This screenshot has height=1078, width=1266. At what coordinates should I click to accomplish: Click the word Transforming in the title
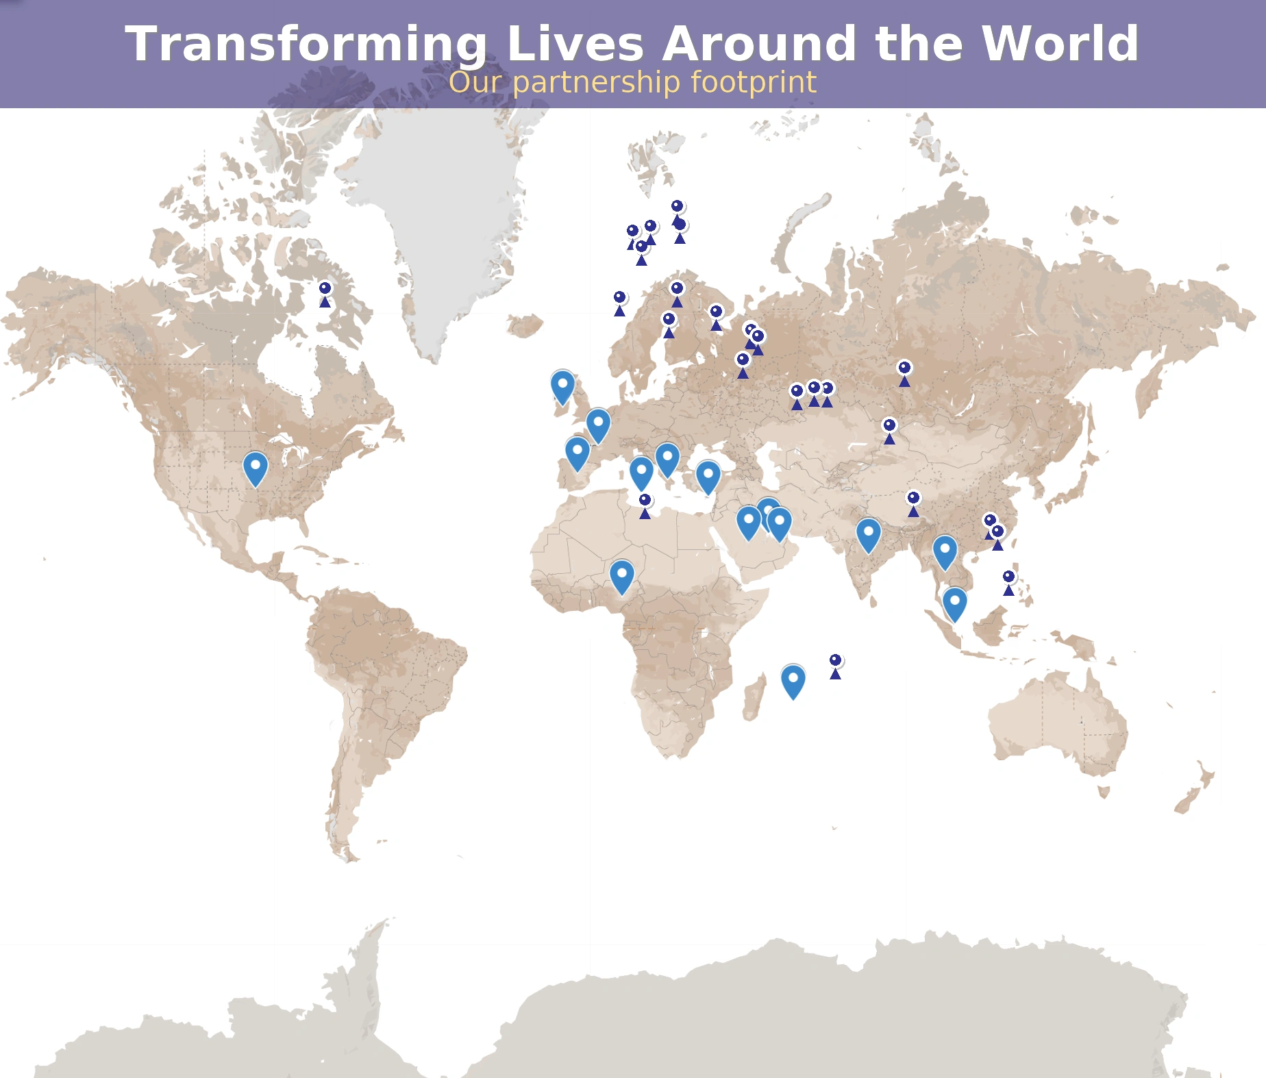[x=306, y=44]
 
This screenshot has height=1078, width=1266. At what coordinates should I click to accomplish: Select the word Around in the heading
[x=759, y=44]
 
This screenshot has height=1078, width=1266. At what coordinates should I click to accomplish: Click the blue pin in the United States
[x=256, y=468]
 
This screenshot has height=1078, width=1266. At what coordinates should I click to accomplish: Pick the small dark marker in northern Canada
[x=325, y=293]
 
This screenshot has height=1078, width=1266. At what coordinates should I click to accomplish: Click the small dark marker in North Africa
[x=645, y=505]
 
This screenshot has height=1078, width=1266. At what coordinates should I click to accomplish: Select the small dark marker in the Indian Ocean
[x=836, y=665]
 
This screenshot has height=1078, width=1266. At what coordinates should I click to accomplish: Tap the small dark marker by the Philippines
[x=1009, y=581]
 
